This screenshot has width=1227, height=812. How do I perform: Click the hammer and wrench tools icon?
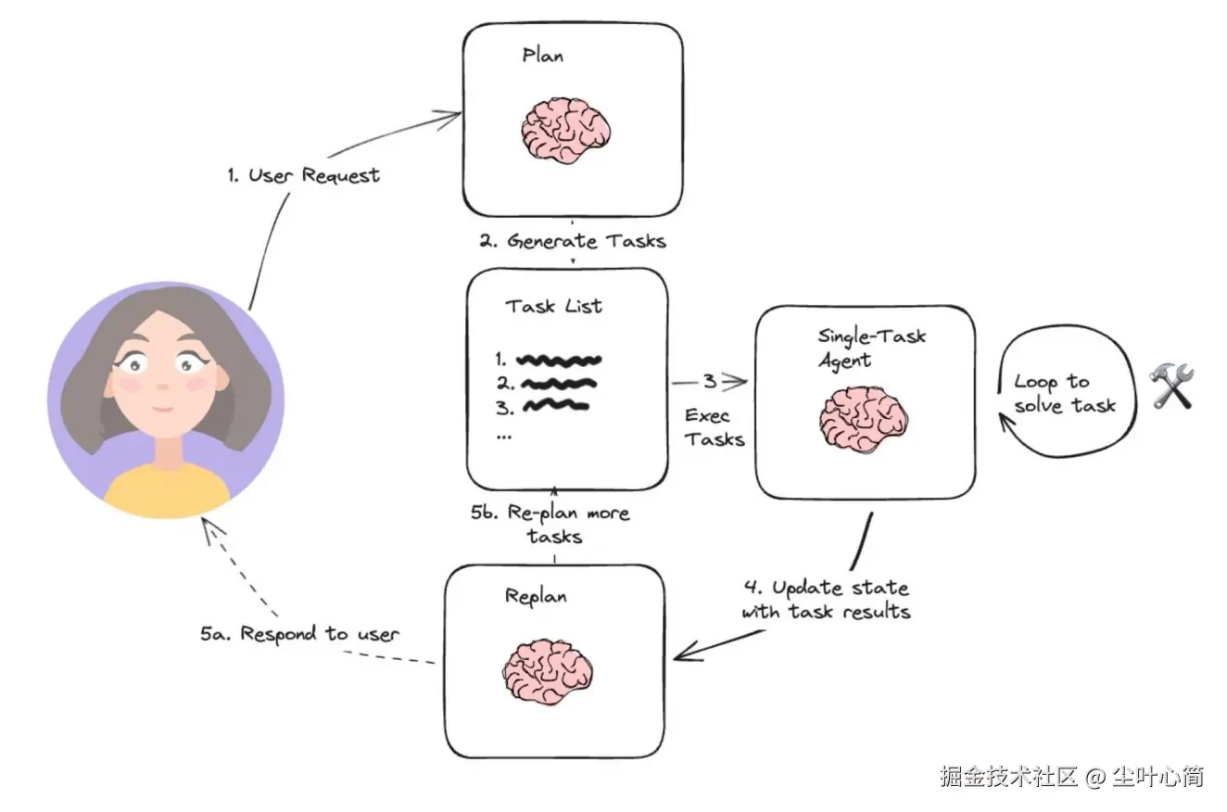click(1172, 387)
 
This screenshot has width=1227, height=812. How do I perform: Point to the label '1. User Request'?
click(303, 175)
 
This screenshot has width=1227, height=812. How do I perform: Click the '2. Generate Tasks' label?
click(573, 241)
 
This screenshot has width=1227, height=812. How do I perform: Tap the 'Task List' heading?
click(553, 306)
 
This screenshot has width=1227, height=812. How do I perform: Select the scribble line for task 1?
click(559, 360)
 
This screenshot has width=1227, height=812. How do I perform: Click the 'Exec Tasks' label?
click(714, 427)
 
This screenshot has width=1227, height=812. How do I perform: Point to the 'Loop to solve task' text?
click(1064, 393)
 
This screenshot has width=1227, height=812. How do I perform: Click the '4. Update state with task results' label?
click(826, 600)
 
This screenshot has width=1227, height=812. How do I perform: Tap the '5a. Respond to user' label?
click(299, 634)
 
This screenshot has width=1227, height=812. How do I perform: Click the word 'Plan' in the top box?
click(542, 56)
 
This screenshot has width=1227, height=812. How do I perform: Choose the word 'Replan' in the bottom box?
click(535, 595)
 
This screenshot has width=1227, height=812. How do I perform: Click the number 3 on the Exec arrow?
click(709, 381)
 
